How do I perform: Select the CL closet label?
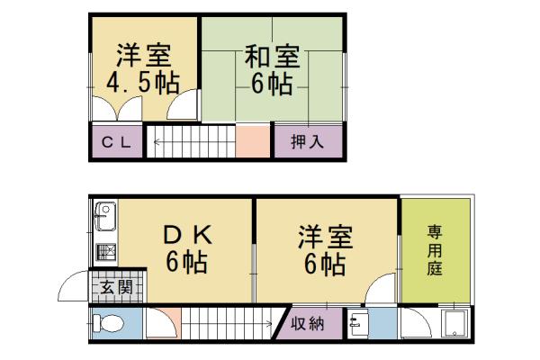tap(117, 141)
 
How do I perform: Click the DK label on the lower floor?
tap(187, 236)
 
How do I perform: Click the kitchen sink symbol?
tap(103, 217)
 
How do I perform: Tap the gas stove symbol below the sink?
tap(103, 250)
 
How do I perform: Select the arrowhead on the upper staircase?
tap(153, 141)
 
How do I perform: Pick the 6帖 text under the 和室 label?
tap(272, 85)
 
